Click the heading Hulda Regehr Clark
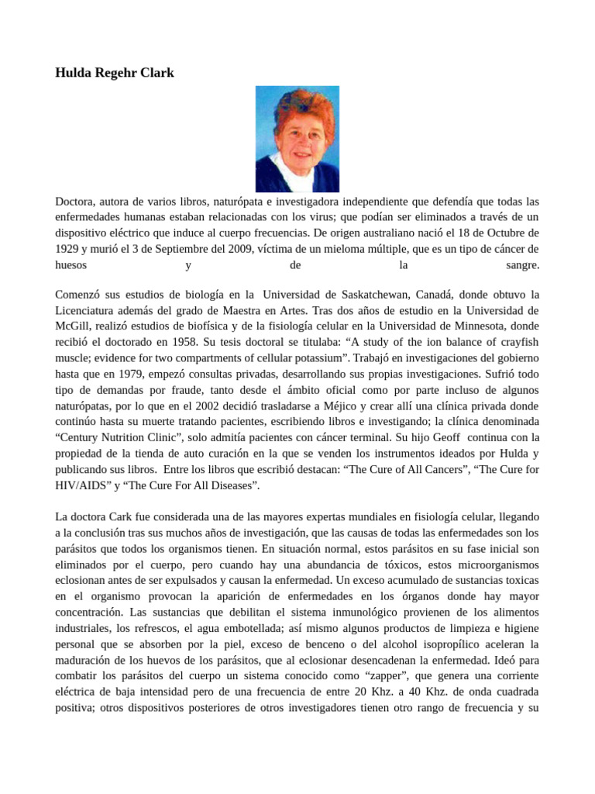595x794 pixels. pos(115,73)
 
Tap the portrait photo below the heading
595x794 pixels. pos(297,139)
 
